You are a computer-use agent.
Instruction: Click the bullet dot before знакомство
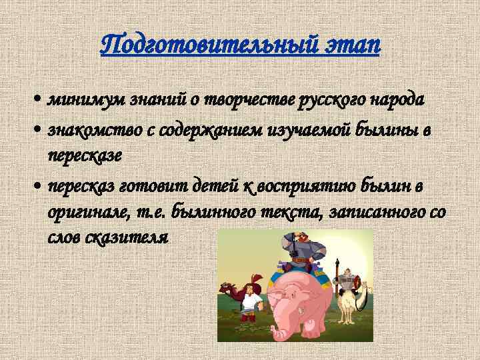pyautogui.click(x=41, y=129)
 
